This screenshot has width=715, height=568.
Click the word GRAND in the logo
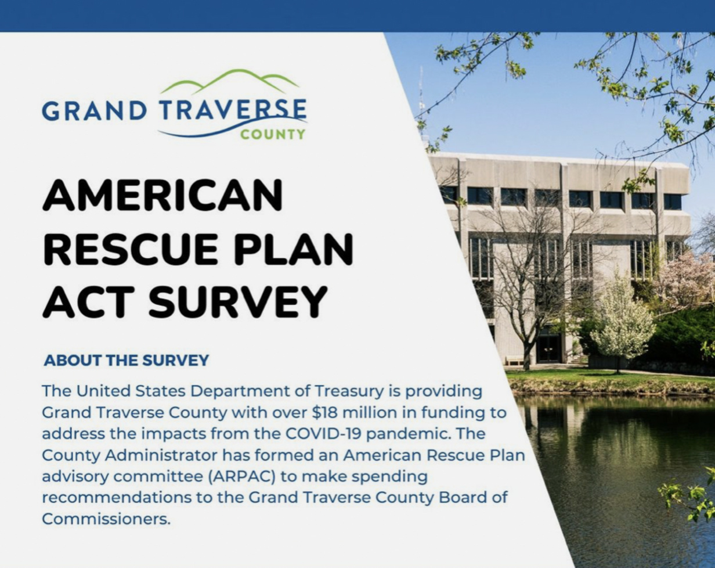click(94, 111)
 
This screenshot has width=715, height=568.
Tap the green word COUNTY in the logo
click(272, 135)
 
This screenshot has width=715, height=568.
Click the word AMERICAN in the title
click(162, 195)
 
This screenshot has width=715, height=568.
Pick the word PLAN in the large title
click(294, 249)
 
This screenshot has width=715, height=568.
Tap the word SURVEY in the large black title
click(237, 302)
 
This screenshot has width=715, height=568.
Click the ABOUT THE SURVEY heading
click(127, 361)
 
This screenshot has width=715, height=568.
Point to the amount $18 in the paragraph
click(325, 413)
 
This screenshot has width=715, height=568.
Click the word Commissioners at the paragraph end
click(106, 519)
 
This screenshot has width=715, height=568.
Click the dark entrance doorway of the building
click(548, 347)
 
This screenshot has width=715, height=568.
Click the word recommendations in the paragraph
click(117, 498)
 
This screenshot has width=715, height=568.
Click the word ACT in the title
click(88, 302)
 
